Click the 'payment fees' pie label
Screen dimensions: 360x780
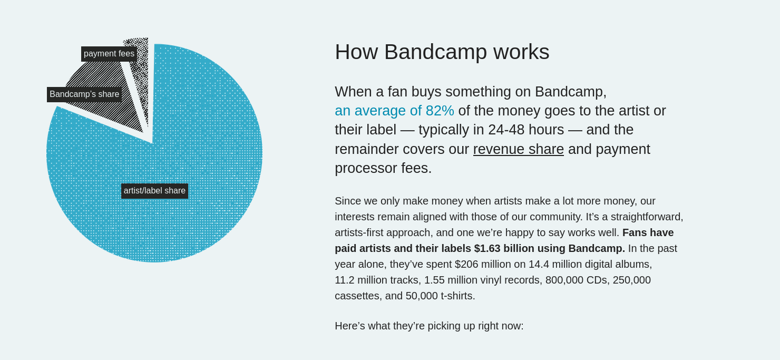[109, 54]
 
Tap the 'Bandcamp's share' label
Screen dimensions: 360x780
[84, 94]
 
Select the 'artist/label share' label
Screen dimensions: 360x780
[154, 191]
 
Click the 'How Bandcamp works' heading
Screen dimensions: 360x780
[442, 52]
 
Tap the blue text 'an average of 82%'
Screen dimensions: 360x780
[394, 111]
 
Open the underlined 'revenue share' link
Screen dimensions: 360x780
[518, 149]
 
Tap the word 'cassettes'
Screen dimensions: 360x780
[357, 296]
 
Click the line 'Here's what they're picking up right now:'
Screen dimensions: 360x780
[429, 326]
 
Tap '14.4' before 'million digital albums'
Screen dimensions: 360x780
[540, 264]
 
